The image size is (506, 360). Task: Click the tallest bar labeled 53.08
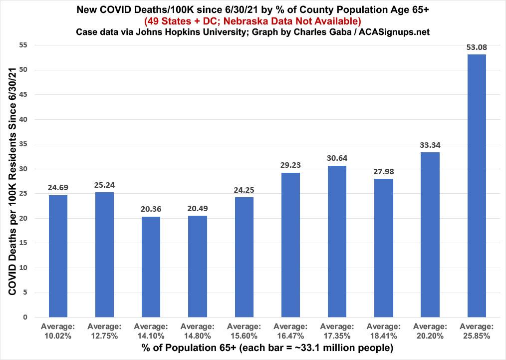coord(477,185)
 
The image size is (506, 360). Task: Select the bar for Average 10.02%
coord(58,256)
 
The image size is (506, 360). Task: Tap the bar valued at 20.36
coord(151,267)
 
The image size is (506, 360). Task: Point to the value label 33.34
coord(430,145)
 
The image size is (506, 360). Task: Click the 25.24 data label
coord(104,185)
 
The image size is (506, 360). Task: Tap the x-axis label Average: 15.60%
coord(244,331)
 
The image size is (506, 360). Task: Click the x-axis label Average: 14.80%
coord(197,331)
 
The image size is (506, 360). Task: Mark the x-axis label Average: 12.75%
coord(104,331)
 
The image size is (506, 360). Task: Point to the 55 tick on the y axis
coord(23,45)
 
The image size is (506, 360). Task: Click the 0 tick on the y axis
coord(25,317)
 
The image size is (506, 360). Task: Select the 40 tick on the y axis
coord(23,119)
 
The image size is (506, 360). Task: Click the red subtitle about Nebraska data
coord(253,21)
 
